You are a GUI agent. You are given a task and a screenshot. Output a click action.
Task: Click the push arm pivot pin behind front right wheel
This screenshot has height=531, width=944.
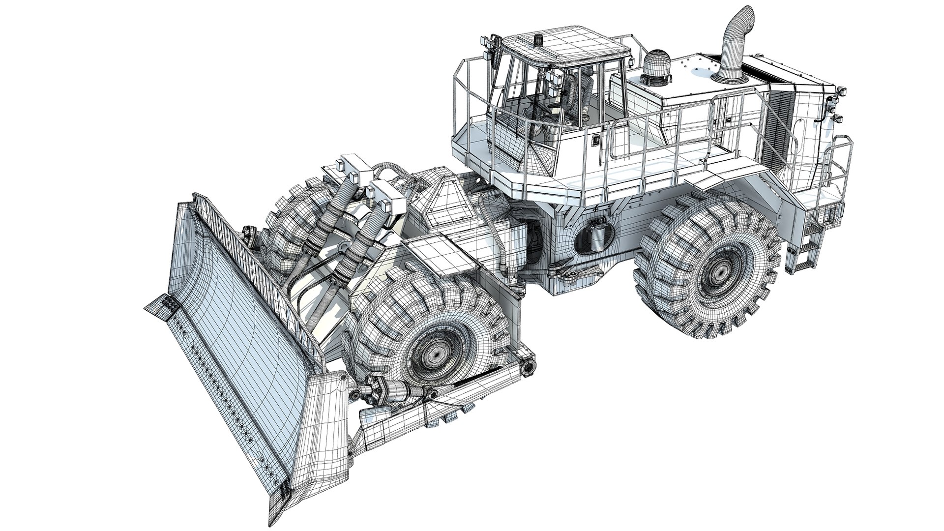[x=529, y=366]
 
